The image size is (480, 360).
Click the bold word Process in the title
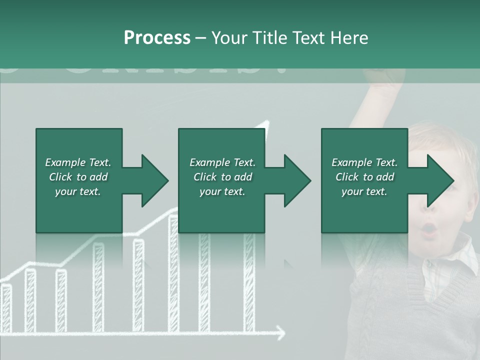pos(157,38)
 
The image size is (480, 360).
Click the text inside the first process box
pos(78,177)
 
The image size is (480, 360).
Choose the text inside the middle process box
pos(222,177)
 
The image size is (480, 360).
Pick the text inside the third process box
pos(364,177)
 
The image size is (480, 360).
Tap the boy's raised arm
pos(375,100)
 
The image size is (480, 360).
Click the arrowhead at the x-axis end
pos(280,332)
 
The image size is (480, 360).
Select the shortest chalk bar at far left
pos(6,307)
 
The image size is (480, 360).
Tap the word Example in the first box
pos(65,162)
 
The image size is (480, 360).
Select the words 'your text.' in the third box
pos(364,191)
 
